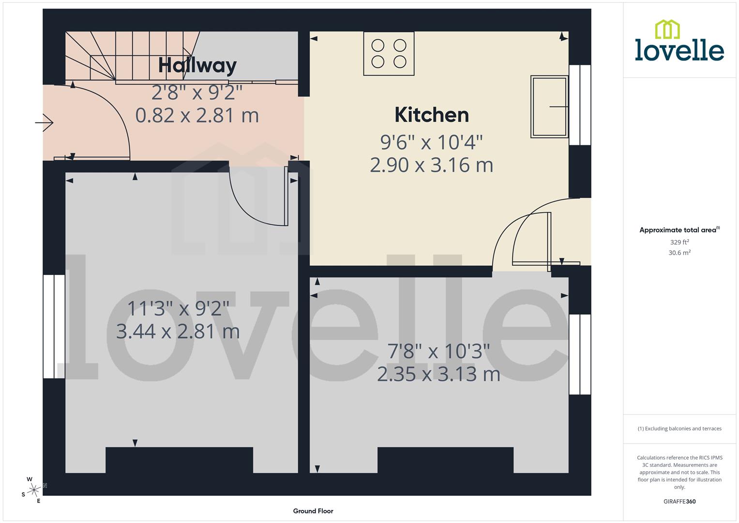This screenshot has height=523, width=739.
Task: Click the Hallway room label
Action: (197, 65)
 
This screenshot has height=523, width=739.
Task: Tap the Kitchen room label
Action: (432, 115)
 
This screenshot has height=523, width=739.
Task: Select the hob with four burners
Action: (389, 54)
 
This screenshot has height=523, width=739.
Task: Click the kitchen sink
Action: (549, 107)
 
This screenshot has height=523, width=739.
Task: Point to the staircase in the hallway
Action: (131, 56)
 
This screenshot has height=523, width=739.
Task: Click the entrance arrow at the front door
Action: (45, 123)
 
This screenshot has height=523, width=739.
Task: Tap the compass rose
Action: (33, 490)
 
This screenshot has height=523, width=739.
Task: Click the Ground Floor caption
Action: (313, 511)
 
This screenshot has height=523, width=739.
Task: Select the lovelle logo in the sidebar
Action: (679, 41)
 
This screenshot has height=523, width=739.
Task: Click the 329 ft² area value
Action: (679, 242)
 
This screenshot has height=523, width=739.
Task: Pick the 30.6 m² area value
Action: (679, 253)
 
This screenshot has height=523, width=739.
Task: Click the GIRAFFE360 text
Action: (679, 502)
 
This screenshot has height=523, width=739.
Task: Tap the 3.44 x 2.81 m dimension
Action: (178, 332)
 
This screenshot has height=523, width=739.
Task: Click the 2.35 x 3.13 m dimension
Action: (438, 374)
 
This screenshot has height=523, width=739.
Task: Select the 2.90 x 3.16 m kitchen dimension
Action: (431, 165)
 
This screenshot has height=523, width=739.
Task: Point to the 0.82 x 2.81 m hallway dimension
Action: (197, 115)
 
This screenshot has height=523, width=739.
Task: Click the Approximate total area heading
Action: (679, 230)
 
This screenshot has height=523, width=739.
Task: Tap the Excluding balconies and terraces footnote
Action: (679, 429)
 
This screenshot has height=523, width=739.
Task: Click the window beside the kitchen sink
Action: (580, 105)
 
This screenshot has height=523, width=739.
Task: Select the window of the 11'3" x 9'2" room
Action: (54, 326)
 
